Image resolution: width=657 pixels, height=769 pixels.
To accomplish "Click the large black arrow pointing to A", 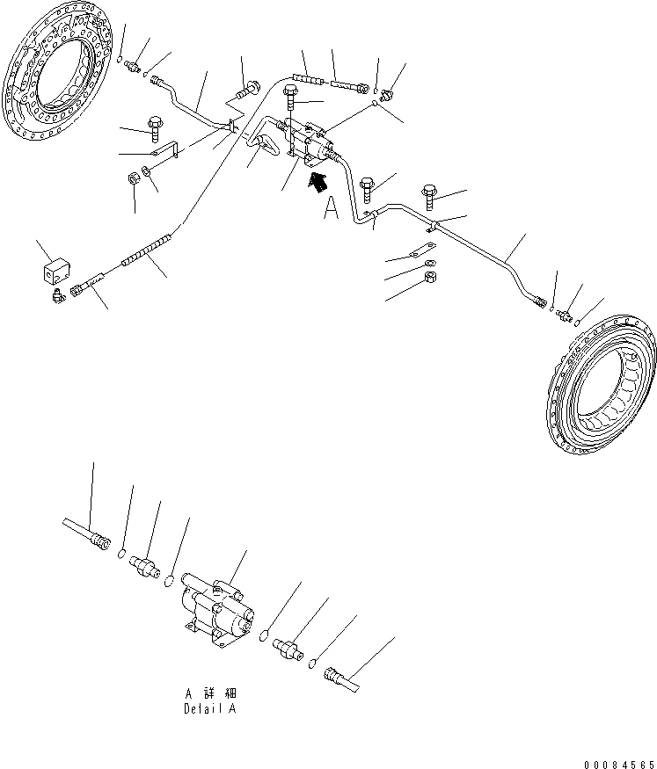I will click(x=317, y=182).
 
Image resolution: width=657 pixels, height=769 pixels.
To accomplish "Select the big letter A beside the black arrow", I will click(x=331, y=208).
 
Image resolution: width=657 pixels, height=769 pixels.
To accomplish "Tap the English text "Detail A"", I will click(x=209, y=708).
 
